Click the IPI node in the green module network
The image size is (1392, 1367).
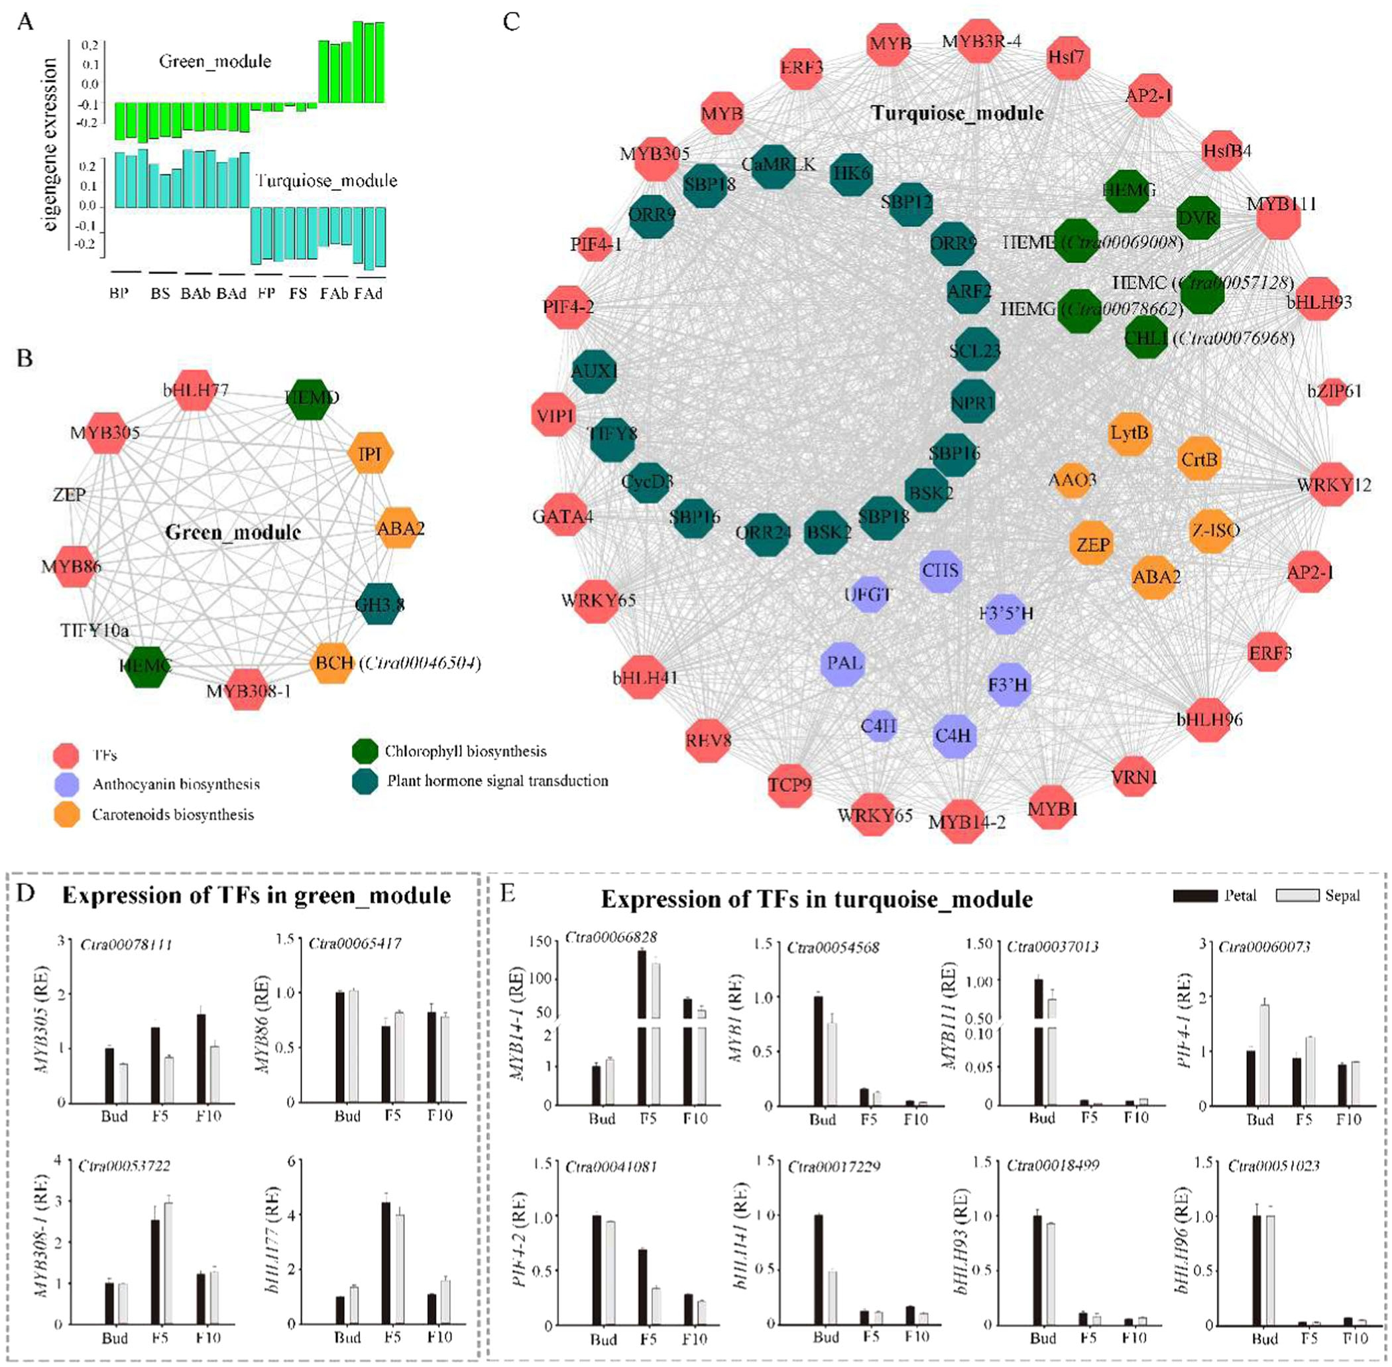[371, 453]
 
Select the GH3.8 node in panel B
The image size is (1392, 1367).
[380, 604]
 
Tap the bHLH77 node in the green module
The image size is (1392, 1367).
[195, 390]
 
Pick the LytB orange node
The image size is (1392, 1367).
[1130, 433]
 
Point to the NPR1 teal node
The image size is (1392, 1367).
[973, 402]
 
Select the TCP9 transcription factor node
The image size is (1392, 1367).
[789, 784]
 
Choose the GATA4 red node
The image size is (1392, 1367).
[563, 515]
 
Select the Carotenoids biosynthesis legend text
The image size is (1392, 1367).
[173, 814]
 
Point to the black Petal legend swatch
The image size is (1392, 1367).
[1195, 895]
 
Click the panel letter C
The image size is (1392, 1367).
[511, 21]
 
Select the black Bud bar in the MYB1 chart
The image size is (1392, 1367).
[818, 1051]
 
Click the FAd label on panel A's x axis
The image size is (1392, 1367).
[368, 294]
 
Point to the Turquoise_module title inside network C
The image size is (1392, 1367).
[957, 113]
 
